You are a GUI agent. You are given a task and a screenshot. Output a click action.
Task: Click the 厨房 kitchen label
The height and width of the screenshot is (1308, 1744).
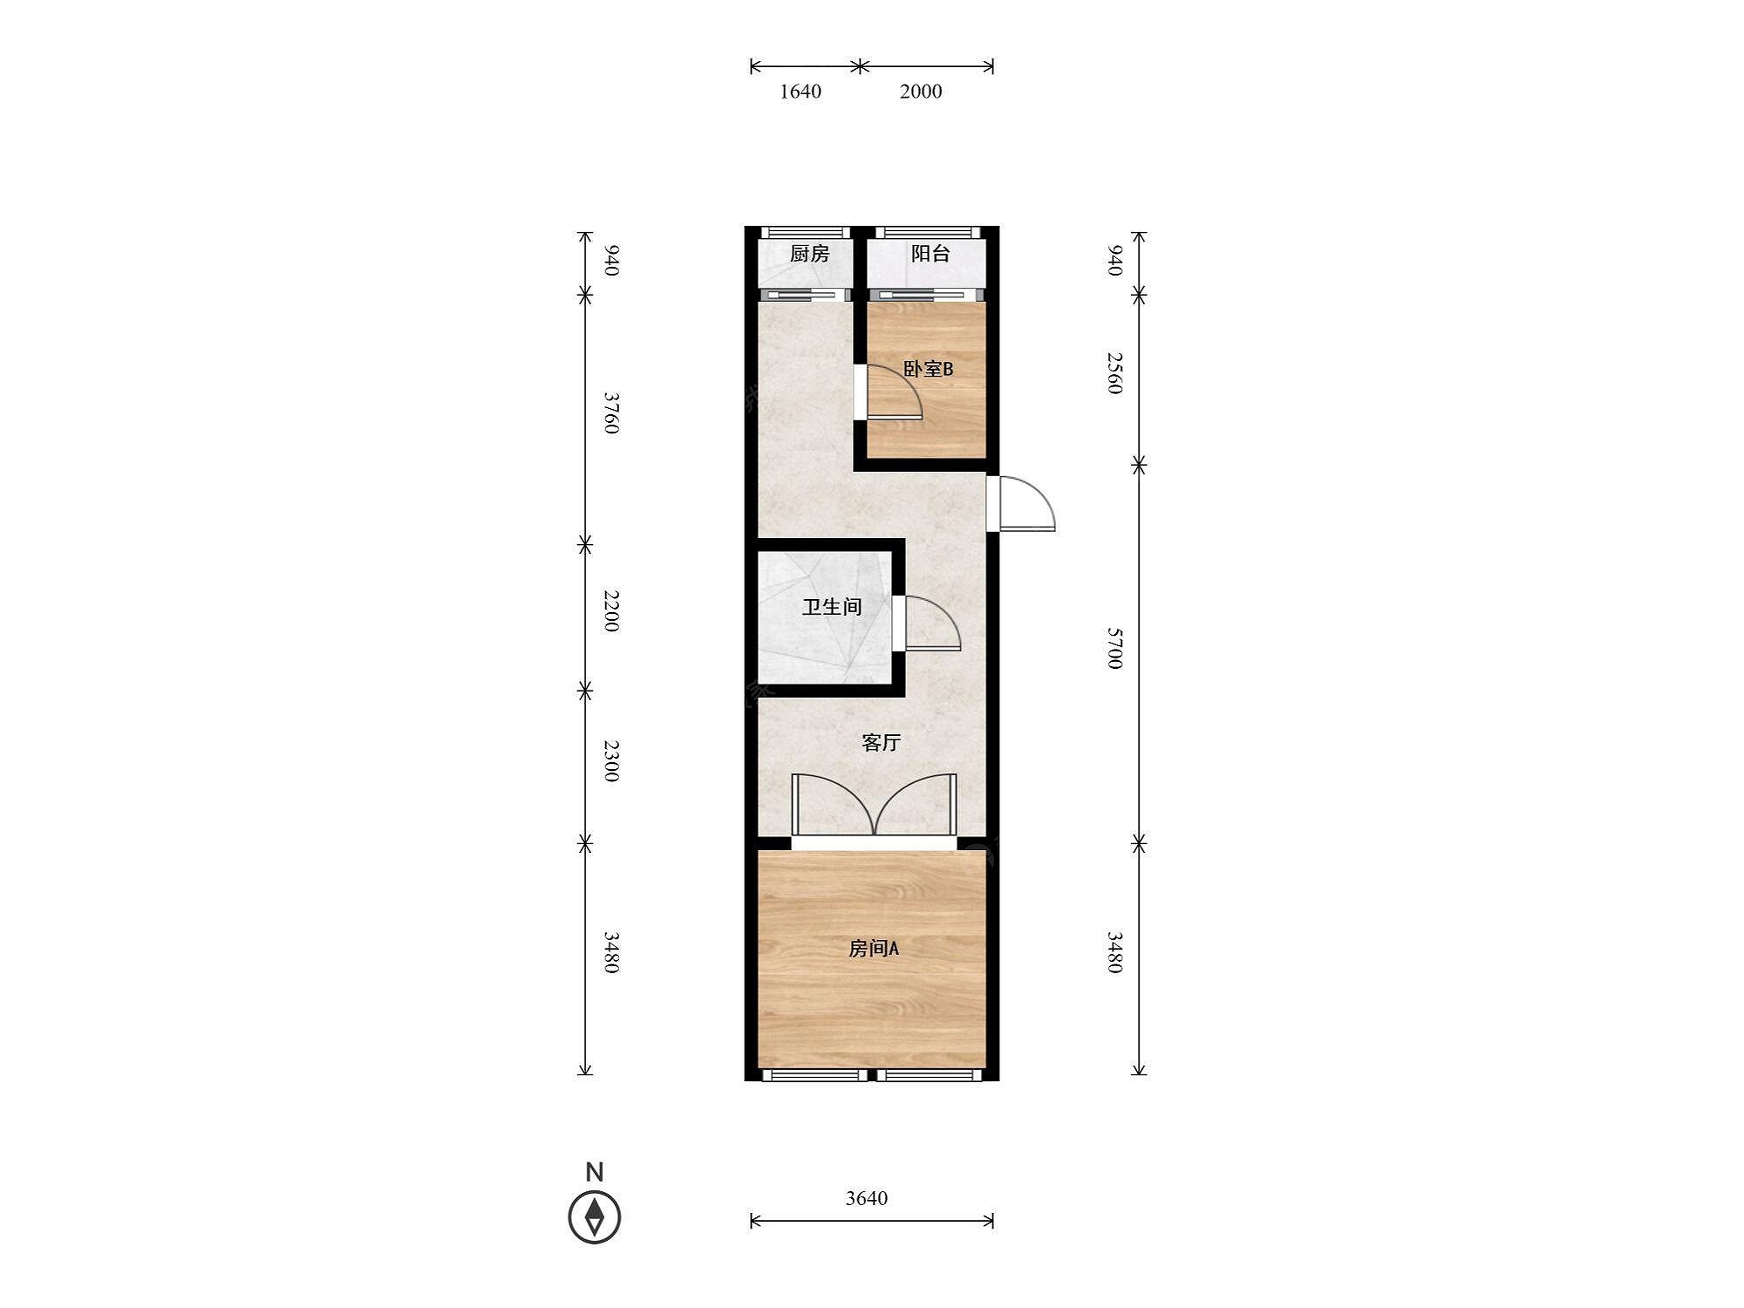point(809,254)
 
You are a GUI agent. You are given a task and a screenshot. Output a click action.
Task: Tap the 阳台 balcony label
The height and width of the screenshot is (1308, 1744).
point(930,254)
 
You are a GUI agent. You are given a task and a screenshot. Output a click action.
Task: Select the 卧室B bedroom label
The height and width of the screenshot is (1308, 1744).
point(928,369)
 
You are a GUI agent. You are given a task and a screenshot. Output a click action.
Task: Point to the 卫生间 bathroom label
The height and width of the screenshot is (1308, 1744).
point(832,607)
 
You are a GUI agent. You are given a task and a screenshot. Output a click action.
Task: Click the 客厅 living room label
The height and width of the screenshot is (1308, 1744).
point(881,742)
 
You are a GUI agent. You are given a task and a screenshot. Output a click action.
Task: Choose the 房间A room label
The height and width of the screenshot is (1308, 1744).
point(874,948)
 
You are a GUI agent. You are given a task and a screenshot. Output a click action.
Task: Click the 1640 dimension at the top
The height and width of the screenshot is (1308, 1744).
point(800,92)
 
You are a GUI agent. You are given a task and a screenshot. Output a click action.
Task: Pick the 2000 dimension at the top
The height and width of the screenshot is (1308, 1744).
point(921,92)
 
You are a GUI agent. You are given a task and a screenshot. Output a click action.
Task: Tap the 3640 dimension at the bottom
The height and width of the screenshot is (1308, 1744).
point(867,1198)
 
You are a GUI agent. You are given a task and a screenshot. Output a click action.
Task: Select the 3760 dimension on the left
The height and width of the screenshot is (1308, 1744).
point(612,413)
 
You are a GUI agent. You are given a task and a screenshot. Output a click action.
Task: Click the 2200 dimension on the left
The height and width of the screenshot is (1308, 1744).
point(612,611)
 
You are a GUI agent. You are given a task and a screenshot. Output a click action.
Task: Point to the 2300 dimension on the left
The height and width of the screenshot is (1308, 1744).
point(612,760)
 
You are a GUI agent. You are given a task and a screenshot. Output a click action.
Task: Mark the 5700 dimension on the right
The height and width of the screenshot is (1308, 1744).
point(1114,648)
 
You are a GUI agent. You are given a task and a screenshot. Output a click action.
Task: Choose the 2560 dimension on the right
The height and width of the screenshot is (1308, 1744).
point(1114,373)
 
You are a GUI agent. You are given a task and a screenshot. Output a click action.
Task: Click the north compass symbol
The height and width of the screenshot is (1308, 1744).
point(595,1216)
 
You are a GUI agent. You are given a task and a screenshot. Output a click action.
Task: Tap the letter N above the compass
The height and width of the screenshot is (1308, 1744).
point(595,1172)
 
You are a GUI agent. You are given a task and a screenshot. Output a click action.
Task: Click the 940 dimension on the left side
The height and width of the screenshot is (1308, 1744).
point(612,261)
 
